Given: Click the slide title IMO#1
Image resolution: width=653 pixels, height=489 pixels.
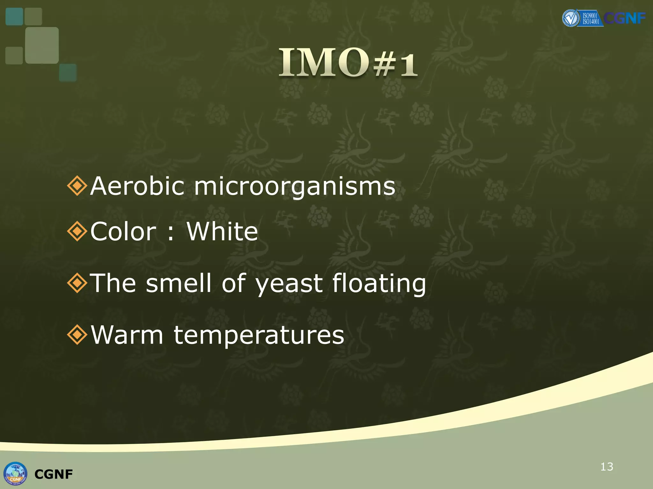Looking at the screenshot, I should pyautogui.click(x=348, y=62).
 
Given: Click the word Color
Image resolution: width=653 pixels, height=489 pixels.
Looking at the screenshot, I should pyautogui.click(x=123, y=231).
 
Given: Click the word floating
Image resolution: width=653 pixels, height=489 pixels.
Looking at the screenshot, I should pyautogui.click(x=379, y=283).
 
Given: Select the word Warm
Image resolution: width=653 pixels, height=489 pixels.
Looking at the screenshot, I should pyautogui.click(x=127, y=335).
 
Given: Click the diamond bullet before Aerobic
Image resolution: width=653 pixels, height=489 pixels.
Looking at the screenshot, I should pyautogui.click(x=77, y=186).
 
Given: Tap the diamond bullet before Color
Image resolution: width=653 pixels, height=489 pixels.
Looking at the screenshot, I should pyautogui.click(x=77, y=231).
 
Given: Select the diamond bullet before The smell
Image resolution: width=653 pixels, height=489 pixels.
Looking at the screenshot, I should pyautogui.click(x=77, y=283).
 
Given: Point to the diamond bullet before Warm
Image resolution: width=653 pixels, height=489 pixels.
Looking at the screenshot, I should pyautogui.click(x=77, y=335).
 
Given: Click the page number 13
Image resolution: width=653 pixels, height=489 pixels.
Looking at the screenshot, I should pyautogui.click(x=606, y=467).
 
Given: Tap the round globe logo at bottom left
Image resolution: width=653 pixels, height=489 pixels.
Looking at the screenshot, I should pyautogui.click(x=15, y=473).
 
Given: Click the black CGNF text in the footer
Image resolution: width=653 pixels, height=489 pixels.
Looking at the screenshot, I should pyautogui.click(x=54, y=474).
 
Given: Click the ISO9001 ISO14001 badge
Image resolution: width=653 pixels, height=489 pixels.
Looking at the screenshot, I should pyautogui.click(x=590, y=18).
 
